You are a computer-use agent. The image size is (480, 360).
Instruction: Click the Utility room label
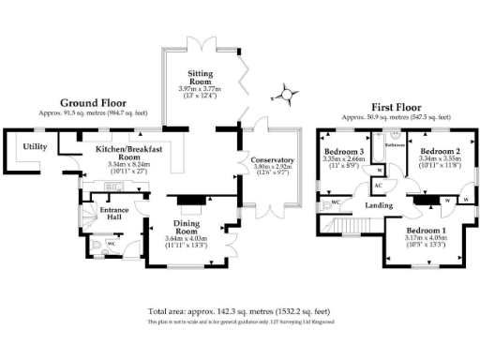(x=36, y=147)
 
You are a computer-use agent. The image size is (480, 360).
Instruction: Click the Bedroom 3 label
(x=344, y=152)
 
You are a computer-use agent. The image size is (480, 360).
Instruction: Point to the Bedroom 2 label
(x=438, y=151)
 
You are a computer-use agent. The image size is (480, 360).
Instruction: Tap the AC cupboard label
(x=380, y=183)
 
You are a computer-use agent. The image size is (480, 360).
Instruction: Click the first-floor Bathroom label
(x=394, y=145)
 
